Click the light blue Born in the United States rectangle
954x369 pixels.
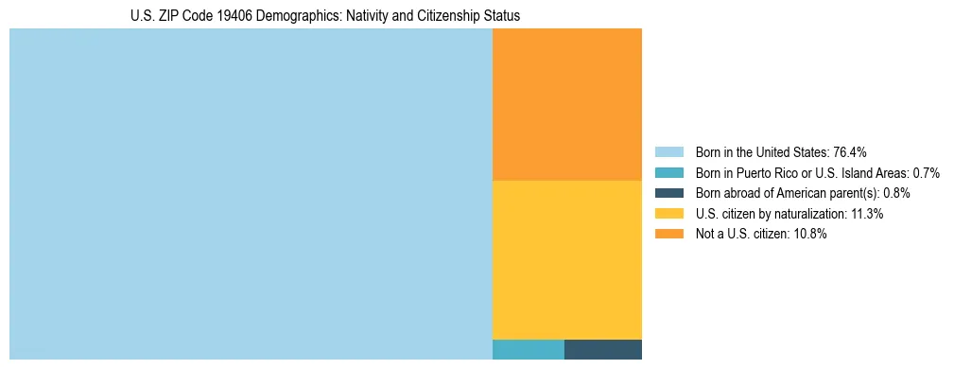[251, 194]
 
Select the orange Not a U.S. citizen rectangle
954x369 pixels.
[567, 104]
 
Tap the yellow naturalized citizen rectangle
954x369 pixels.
[567, 259]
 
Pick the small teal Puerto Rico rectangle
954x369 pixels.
[529, 349]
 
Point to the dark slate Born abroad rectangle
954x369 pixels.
[603, 349]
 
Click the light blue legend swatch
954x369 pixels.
[668, 151]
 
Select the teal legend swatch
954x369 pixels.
[668, 172]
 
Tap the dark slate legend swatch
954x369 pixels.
[668, 193]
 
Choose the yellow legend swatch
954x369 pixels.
[668, 214]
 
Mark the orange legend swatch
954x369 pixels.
[668, 235]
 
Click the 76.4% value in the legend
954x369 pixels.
[850, 151]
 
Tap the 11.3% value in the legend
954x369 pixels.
[867, 214]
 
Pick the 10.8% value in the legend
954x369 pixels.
[810, 235]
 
